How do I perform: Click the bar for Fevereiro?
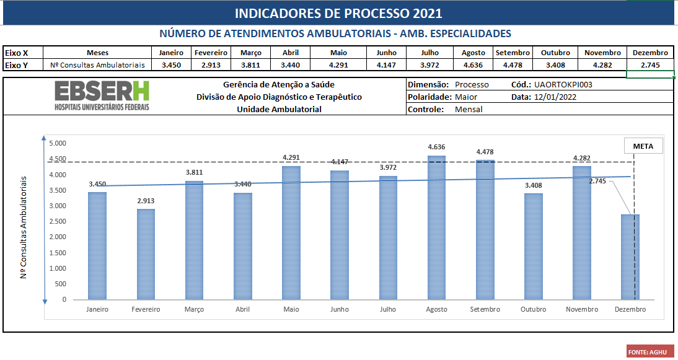coord(146,254)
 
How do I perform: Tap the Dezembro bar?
coord(630,257)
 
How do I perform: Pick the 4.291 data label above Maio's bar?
coord(291,157)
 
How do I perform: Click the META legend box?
coord(643,146)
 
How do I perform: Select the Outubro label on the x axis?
coord(534,309)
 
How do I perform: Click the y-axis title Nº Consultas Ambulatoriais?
coord(24,227)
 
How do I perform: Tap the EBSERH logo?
coord(102,96)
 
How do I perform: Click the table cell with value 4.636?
coord(473,64)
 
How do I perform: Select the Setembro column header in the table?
coord(513,53)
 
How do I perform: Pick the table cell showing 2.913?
coord(211,64)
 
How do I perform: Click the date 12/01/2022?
coord(555,97)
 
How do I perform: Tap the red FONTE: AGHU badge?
coord(649,352)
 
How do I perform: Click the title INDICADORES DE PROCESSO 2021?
coord(338,14)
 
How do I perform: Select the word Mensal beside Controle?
coord(469,109)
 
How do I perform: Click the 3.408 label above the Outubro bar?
coord(534,185)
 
